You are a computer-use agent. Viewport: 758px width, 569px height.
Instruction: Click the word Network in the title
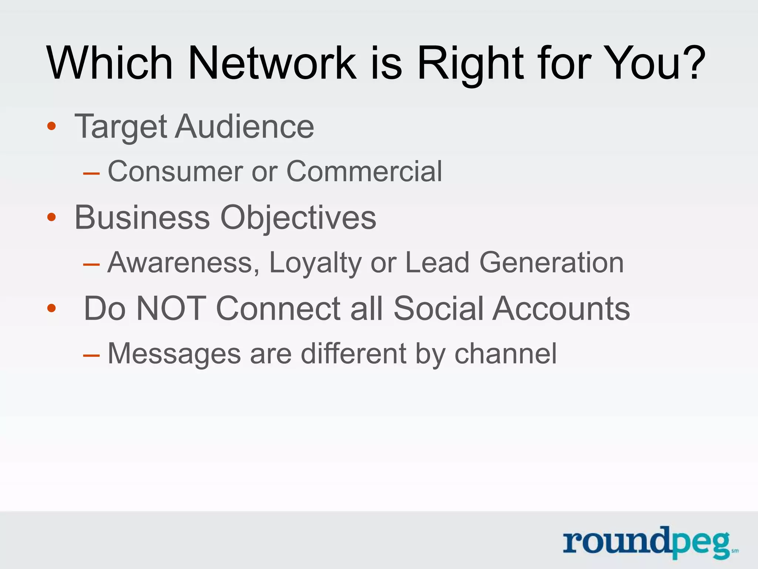[x=272, y=63]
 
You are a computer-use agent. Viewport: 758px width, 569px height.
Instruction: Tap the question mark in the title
[x=691, y=63]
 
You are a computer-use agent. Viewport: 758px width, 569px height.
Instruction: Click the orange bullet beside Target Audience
[x=51, y=127]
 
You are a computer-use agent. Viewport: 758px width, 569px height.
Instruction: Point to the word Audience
[x=244, y=127]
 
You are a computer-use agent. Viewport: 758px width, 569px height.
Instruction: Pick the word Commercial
[x=364, y=172]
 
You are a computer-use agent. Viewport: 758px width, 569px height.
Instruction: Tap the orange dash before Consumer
[x=91, y=173]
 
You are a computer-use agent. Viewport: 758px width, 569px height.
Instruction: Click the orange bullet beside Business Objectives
[x=51, y=217]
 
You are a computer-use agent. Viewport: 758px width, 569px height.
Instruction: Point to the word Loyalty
[x=315, y=264]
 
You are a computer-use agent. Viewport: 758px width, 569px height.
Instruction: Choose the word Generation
[x=551, y=263]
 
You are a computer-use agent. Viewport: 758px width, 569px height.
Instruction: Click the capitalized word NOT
[x=171, y=309]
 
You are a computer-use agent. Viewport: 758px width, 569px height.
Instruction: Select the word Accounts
[x=561, y=309]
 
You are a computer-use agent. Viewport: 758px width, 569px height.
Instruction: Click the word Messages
[x=174, y=354]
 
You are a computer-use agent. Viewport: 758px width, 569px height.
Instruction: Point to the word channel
[x=505, y=354]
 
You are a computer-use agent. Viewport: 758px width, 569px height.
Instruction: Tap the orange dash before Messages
[x=91, y=356]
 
